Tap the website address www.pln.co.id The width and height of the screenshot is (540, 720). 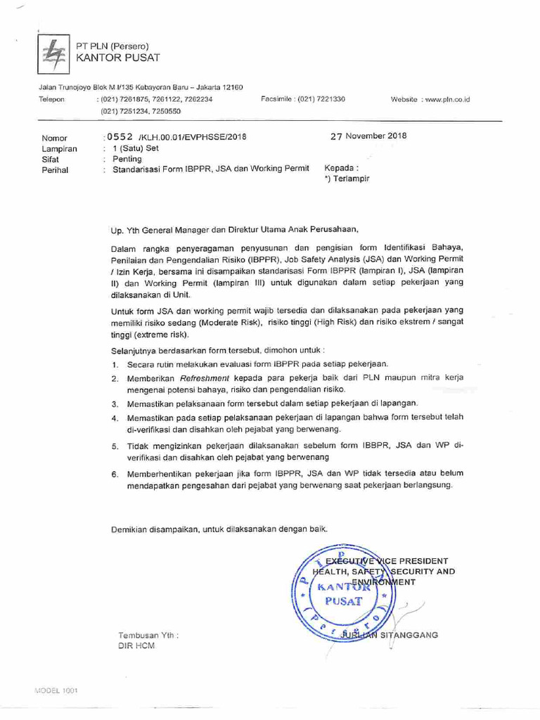pos(447,100)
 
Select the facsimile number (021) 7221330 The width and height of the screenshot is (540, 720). pos(321,99)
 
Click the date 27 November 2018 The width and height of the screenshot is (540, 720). pos(368,136)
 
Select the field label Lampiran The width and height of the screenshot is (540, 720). pos(60,149)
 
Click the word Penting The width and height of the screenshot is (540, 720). pos(127,159)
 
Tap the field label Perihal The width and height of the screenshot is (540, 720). pos(55,169)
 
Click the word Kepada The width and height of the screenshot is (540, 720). pos(340,169)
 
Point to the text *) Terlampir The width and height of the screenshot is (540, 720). pos(347,179)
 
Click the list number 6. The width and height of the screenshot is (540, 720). pos(114,475)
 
